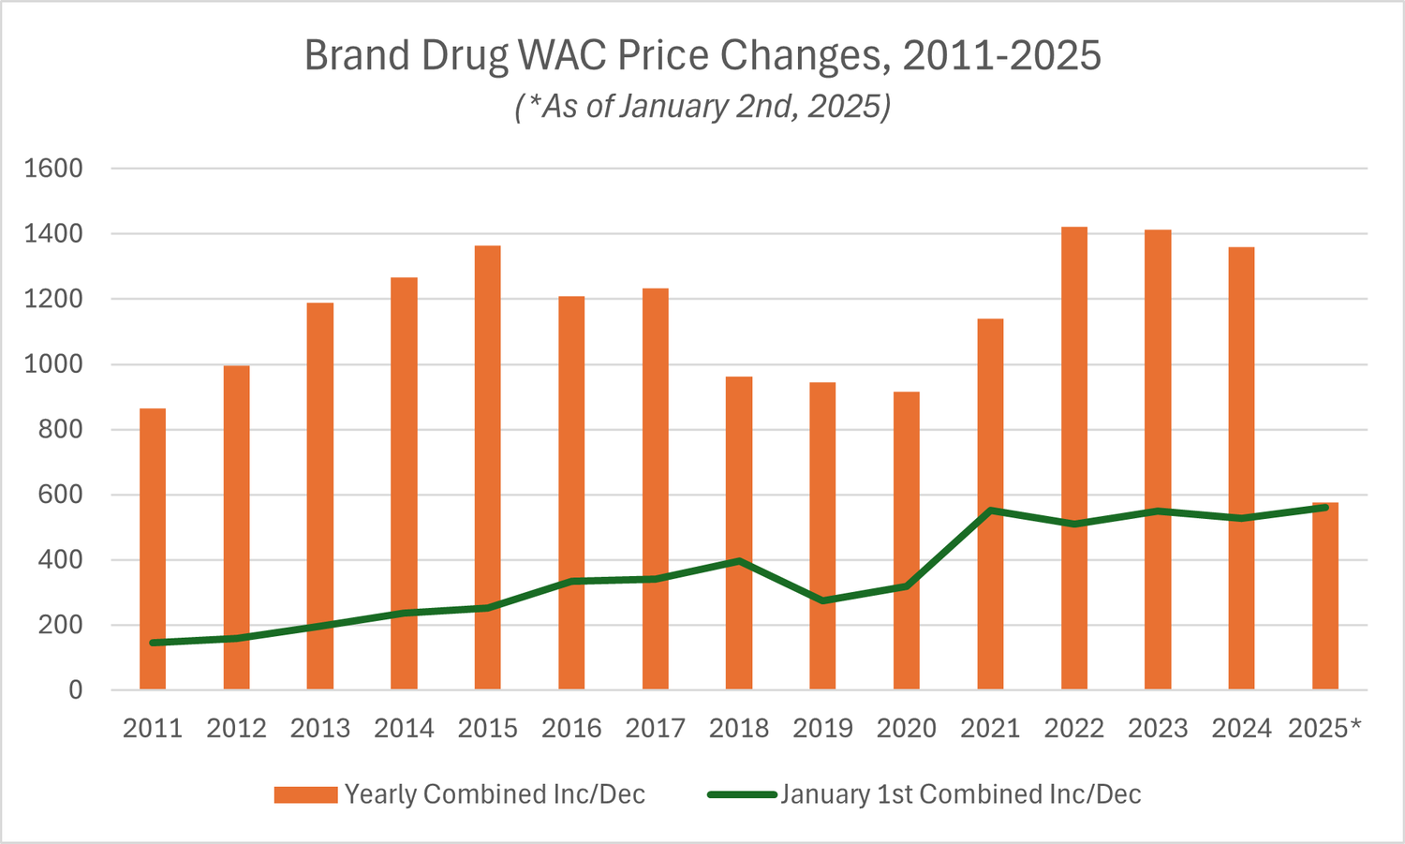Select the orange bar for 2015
(x=487, y=467)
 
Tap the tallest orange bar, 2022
(x=1074, y=458)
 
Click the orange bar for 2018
(x=739, y=533)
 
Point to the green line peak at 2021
(x=990, y=511)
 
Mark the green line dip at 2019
(x=822, y=600)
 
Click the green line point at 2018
(x=739, y=561)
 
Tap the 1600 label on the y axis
(x=53, y=169)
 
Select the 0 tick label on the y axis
(x=75, y=690)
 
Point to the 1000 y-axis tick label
(x=53, y=364)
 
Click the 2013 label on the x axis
(x=319, y=729)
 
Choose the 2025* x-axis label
(x=1324, y=729)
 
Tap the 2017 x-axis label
(x=655, y=729)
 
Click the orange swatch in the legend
(x=305, y=794)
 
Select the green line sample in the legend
(x=742, y=794)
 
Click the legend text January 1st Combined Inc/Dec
(x=961, y=794)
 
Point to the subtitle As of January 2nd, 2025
(x=702, y=107)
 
